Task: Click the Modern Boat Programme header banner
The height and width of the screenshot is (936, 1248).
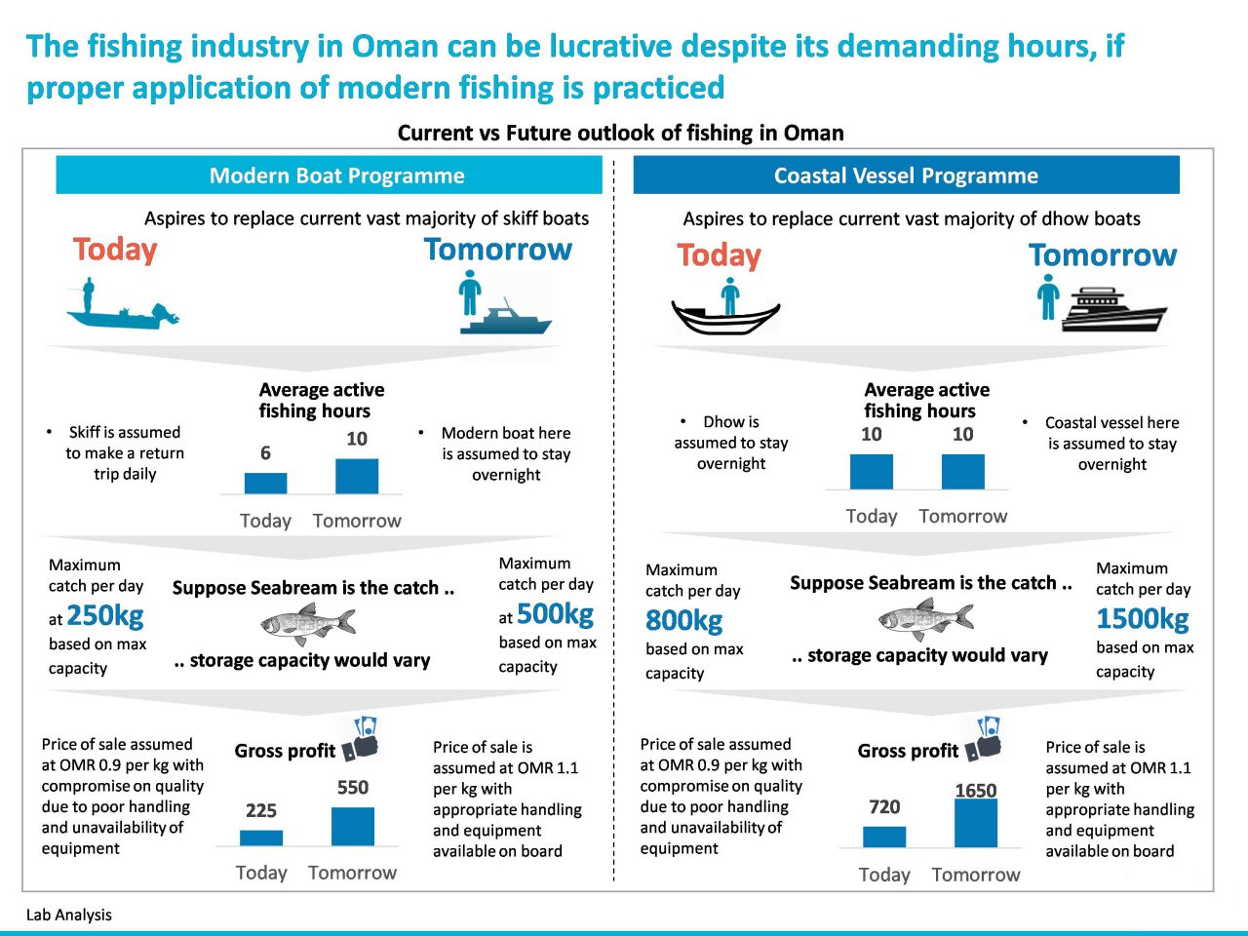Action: coord(329,175)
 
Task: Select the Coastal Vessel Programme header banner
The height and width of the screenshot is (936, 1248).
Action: coord(907,175)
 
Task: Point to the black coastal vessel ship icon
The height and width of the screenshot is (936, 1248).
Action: coord(1113,310)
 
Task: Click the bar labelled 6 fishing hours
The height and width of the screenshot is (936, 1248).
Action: coord(265,483)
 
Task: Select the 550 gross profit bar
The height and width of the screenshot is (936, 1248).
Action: coord(353,827)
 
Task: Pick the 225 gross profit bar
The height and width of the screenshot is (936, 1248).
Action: coord(261,838)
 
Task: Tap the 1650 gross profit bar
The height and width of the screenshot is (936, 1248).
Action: coord(976,823)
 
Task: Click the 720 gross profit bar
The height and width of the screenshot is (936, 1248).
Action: coord(884,837)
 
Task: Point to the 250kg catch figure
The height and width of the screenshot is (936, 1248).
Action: coord(105,616)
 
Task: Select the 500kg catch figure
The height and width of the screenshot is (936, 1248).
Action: coord(555,614)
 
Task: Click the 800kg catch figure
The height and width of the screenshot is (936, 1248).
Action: coord(684,620)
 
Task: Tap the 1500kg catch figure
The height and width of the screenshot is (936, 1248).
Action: coord(1143,618)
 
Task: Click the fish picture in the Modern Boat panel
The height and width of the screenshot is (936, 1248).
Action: coord(307,624)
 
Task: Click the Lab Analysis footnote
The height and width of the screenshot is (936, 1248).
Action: coord(69,915)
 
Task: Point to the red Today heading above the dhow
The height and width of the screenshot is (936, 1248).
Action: coord(719,254)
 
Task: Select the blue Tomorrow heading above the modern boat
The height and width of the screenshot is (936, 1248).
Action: coord(498,249)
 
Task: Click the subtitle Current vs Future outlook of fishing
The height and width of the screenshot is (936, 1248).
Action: coord(620,133)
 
